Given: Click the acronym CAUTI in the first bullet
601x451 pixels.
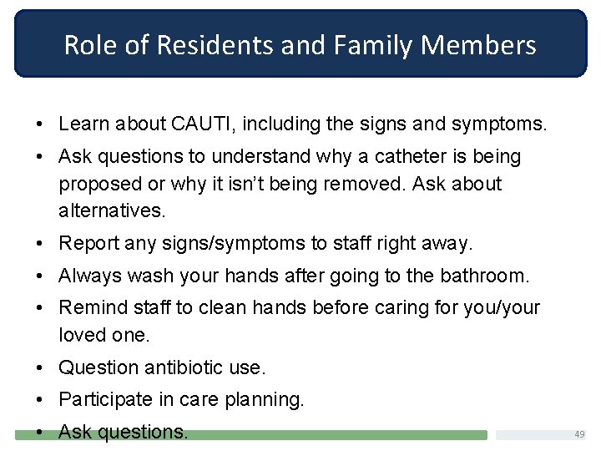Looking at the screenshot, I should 203,124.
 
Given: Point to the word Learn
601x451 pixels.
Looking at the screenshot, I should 83,124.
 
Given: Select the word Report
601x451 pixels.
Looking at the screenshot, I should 88,244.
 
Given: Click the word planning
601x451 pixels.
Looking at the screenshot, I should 265,400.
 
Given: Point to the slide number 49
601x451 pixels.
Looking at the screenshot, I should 579,434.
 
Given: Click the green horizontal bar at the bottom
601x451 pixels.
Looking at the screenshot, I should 334,435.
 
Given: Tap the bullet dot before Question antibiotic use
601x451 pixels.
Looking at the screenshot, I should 41,367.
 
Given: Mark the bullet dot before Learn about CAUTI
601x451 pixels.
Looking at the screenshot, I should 41,125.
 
